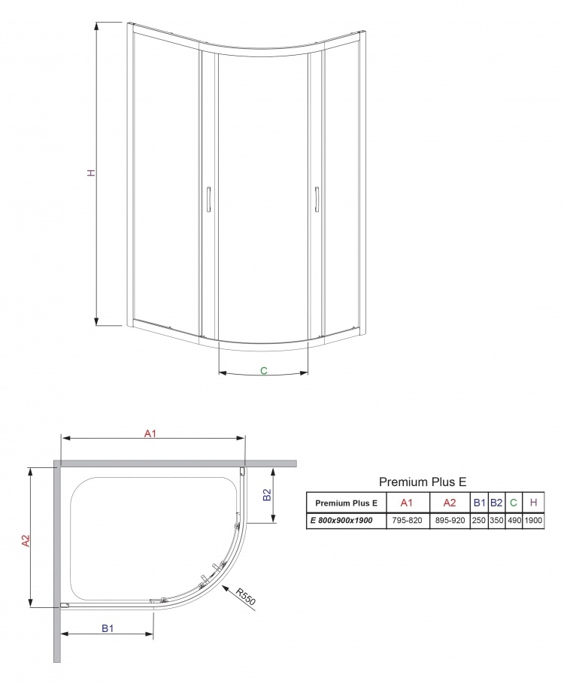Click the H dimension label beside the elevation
pyautogui.click(x=91, y=173)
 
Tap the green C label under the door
pyautogui.click(x=264, y=371)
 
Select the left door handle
pyautogui.click(x=209, y=199)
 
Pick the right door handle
pyautogui.click(x=317, y=199)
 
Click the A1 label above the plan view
pyautogui.click(x=150, y=433)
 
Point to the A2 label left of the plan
pyautogui.click(x=26, y=540)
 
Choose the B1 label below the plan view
pyautogui.click(x=108, y=628)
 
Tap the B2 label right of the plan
pyautogui.click(x=267, y=494)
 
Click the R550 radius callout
pyautogui.click(x=245, y=596)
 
